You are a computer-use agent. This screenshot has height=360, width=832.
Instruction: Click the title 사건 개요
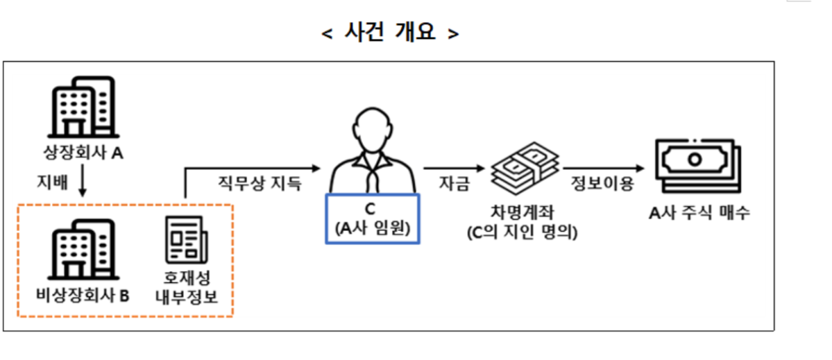[x=391, y=33]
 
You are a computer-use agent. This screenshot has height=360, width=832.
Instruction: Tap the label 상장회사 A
[x=83, y=153]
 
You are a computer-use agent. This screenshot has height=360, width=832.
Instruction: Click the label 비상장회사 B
[x=83, y=295]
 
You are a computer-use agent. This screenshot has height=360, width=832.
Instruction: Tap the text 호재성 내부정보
[x=185, y=287]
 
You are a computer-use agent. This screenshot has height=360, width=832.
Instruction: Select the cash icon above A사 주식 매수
[x=694, y=164]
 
